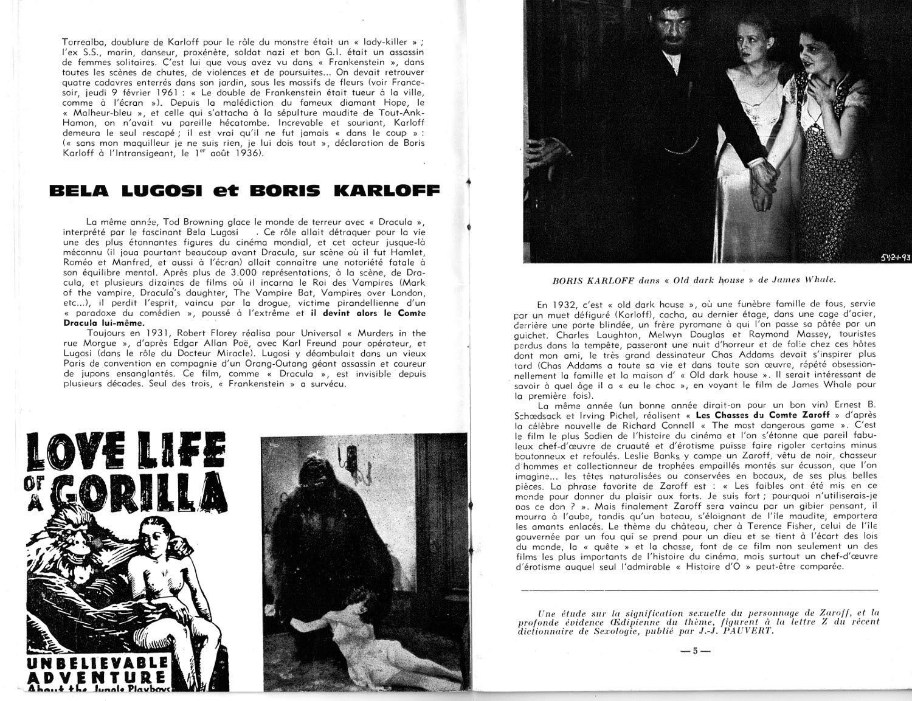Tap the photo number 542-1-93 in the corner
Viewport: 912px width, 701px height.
(895, 257)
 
